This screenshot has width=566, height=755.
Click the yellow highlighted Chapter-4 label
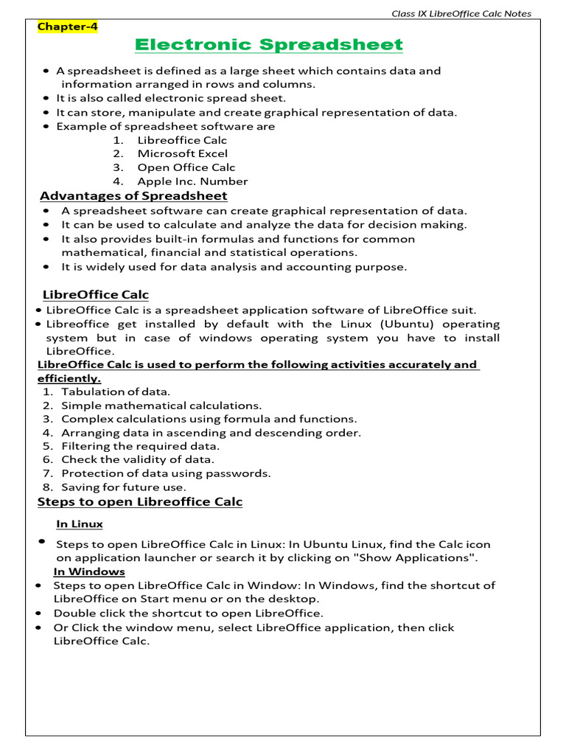[68, 27]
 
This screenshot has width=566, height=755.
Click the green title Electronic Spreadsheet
[270, 46]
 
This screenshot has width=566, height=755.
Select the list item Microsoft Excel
[182, 153]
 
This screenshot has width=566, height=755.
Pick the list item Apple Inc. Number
[192, 181]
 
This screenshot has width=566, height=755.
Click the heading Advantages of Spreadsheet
[133, 195]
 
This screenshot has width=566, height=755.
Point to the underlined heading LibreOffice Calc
[95, 295]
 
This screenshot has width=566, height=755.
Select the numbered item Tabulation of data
[116, 392]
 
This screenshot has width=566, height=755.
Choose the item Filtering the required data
[140, 446]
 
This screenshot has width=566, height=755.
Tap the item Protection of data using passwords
[166, 473]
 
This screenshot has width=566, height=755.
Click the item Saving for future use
[124, 487]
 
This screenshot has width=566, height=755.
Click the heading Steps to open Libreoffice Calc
[140, 502]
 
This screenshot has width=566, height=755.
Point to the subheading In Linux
[80, 524]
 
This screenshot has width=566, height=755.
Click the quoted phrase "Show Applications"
[417, 557]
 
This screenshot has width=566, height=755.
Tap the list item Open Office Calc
[186, 167]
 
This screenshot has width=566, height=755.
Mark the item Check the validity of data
[138, 459]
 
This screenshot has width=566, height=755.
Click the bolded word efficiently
[69, 378]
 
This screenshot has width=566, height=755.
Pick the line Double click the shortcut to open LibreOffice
[188, 613]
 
